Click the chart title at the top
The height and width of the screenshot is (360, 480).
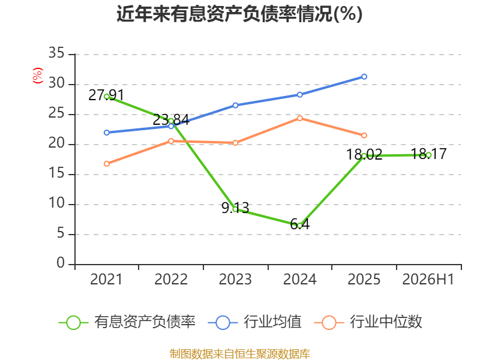(x=239, y=14)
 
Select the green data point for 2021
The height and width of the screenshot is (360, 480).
(x=107, y=97)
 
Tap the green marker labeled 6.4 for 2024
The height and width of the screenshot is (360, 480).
(x=299, y=226)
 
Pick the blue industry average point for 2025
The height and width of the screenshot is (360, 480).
(x=364, y=77)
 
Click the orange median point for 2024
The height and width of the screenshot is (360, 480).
(x=299, y=118)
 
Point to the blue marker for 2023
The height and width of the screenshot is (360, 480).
(x=235, y=106)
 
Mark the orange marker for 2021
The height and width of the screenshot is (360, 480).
(x=107, y=164)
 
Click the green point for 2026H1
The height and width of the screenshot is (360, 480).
(x=428, y=155)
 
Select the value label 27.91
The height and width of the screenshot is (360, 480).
(x=106, y=95)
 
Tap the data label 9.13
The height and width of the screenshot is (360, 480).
(x=235, y=208)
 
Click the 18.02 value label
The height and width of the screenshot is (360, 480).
(x=364, y=154)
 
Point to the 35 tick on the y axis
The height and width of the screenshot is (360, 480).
(x=56, y=53)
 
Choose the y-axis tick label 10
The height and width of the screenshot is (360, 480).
(x=56, y=203)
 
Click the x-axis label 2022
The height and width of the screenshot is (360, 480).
(x=171, y=279)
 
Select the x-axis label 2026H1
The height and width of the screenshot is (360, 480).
(x=428, y=279)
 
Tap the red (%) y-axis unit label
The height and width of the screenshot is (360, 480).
(x=38, y=76)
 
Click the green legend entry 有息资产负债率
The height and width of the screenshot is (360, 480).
(x=127, y=322)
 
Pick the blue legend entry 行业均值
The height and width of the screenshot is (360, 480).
(x=254, y=322)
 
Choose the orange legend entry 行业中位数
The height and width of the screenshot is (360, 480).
(x=368, y=322)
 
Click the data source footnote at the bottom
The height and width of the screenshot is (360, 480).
(x=240, y=354)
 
